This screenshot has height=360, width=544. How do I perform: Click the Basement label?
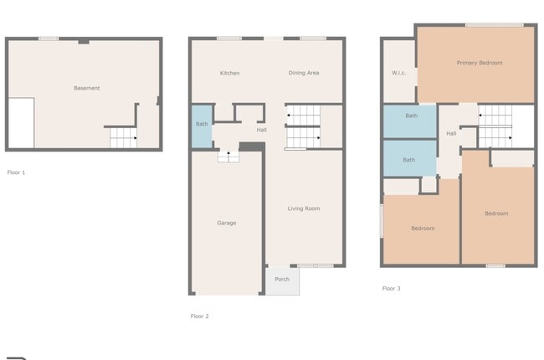click(x=86, y=88)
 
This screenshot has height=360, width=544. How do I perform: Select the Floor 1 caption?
click(x=16, y=172)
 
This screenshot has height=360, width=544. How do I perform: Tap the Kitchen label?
click(x=229, y=73)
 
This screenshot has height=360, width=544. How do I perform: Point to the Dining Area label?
click(x=304, y=73)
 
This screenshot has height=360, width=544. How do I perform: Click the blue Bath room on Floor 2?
click(x=202, y=126)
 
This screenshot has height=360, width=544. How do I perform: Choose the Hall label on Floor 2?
click(x=261, y=130)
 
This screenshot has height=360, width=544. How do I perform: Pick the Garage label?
click(x=226, y=223)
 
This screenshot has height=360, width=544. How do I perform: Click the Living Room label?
click(x=304, y=208)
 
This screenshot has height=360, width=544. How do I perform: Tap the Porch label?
click(x=282, y=279)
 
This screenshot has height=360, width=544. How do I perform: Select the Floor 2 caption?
click(x=200, y=316)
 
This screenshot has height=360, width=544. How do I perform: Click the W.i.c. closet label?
click(x=399, y=73)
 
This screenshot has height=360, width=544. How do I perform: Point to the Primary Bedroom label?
click(x=480, y=63)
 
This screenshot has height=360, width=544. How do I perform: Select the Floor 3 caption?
click(x=391, y=288)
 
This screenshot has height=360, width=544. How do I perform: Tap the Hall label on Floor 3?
click(x=451, y=133)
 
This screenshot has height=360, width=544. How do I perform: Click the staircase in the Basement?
click(x=122, y=138)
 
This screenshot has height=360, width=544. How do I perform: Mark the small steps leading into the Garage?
click(x=228, y=156)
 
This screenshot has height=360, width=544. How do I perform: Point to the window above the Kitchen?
click(x=229, y=38)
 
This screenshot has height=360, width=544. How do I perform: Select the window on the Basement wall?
click(x=49, y=38)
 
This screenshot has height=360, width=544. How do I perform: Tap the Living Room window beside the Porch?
click(x=316, y=266)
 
